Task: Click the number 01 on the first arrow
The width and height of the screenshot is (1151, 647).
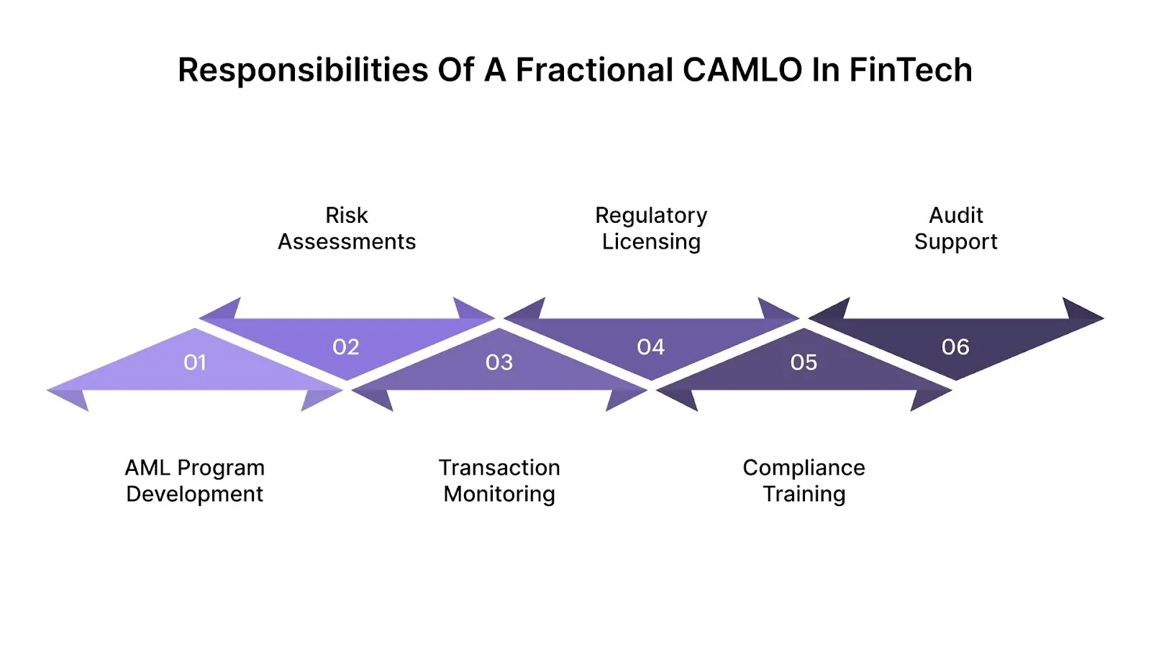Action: pyautogui.click(x=195, y=362)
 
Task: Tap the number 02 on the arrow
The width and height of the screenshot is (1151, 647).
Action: pyautogui.click(x=346, y=347)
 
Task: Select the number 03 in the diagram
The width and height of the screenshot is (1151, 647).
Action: pyautogui.click(x=499, y=362)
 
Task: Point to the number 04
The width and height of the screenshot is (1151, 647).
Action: pyautogui.click(x=651, y=347)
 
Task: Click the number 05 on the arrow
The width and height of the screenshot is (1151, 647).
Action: pyautogui.click(x=804, y=362)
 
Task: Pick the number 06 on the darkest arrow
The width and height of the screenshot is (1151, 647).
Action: pyautogui.click(x=955, y=347)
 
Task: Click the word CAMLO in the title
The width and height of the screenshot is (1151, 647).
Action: pyautogui.click(x=742, y=70)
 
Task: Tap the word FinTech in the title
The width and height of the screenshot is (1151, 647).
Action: pyautogui.click(x=910, y=70)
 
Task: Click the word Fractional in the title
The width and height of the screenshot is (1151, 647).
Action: pyautogui.click(x=594, y=70)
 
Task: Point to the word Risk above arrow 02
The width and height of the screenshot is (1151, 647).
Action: pyautogui.click(x=347, y=215)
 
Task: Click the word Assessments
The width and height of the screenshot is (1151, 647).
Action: pyautogui.click(x=347, y=242)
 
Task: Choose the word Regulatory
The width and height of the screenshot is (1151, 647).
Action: pyautogui.click(x=651, y=216)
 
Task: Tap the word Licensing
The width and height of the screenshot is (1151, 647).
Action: pyautogui.click(x=651, y=242)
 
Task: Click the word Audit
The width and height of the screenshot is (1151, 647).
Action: pyautogui.click(x=955, y=215)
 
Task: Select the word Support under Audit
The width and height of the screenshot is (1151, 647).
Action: pyautogui.click(x=955, y=242)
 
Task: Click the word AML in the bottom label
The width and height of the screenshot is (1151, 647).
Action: pyautogui.click(x=147, y=467)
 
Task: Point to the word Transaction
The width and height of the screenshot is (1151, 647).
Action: pyautogui.click(x=499, y=467)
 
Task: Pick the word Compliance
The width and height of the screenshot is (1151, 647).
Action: pyautogui.click(x=804, y=468)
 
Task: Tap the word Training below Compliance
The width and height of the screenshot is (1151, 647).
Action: pyautogui.click(x=804, y=495)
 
